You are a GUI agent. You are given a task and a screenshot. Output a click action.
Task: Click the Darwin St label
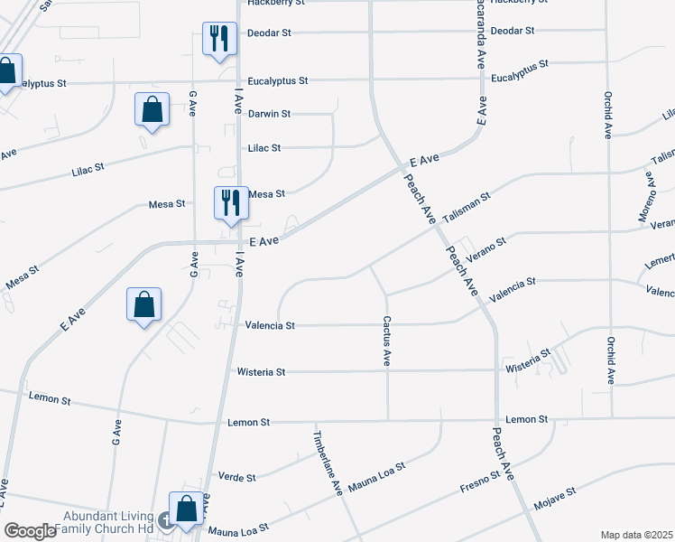pyautogui.click(x=269, y=114)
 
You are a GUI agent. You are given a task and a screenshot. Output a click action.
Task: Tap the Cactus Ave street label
pyautogui.click(x=386, y=341)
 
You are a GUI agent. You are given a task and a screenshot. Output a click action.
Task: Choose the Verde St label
pyautogui.click(x=237, y=477)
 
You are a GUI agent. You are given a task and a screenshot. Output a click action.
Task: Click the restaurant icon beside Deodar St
pyautogui.click(x=218, y=38)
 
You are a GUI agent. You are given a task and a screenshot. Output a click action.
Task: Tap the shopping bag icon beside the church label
pyautogui.click(x=187, y=509)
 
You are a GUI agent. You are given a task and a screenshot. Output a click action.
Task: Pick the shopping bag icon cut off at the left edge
pyautogui.click(x=7, y=70)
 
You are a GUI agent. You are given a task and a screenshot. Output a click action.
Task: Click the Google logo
pyautogui.click(x=30, y=531)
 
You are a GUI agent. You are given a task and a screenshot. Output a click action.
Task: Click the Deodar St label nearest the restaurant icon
pyautogui.click(x=269, y=33)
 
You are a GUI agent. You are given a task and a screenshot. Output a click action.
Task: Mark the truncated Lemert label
pyautogui.click(x=660, y=260)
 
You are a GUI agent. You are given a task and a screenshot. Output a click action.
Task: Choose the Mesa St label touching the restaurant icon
pyautogui.click(x=266, y=193)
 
